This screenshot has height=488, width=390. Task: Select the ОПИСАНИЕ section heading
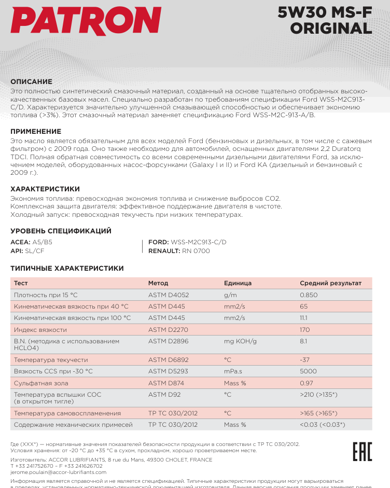pyautogui.click(x=32, y=81)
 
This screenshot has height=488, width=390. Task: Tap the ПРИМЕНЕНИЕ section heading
pyautogui.click(x=36, y=132)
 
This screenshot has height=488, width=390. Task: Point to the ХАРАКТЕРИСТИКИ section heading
pyautogui.click(x=45, y=189)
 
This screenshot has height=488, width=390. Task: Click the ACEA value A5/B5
pyautogui.click(x=42, y=242)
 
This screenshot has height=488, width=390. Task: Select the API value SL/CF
pyautogui.click(x=35, y=250)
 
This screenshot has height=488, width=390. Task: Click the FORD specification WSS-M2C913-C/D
pyautogui.click(x=199, y=242)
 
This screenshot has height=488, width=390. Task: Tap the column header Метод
pyautogui.click(x=158, y=283)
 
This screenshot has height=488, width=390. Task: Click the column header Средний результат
pyautogui.click(x=330, y=283)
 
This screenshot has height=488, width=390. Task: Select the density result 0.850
pyautogui.click(x=309, y=295)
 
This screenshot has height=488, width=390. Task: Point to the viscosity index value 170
pyautogui.click(x=305, y=329)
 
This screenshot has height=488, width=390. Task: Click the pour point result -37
pyautogui.click(x=305, y=359)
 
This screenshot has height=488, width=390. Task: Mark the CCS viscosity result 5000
pyautogui.click(x=308, y=371)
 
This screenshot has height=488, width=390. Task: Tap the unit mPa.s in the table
pyautogui.click(x=234, y=371)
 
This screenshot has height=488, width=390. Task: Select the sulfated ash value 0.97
pyautogui.click(x=306, y=383)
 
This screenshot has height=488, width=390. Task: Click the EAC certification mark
pyautogui.click(x=362, y=451)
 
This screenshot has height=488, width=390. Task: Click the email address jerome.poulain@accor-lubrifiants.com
pyautogui.click(x=58, y=472)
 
